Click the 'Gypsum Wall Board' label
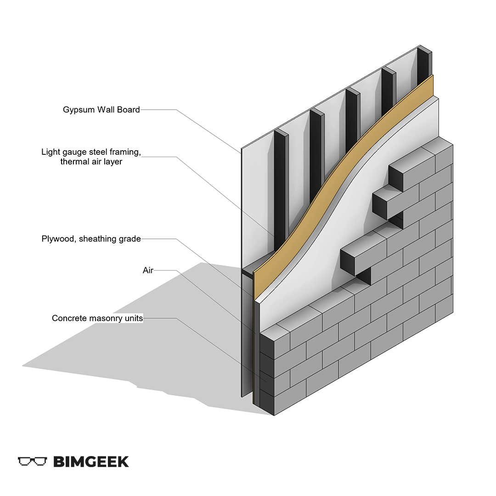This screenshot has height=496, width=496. click(101, 110)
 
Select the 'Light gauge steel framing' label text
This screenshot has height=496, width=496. click(90, 152)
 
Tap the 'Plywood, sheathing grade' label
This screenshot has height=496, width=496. click(91, 239)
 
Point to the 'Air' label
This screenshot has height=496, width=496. click(148, 271)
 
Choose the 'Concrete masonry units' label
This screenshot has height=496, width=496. click(97, 318)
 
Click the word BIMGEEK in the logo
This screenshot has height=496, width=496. click(91, 461)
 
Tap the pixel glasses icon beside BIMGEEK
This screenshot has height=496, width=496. click(32, 461)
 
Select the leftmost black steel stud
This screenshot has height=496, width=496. click(279, 184)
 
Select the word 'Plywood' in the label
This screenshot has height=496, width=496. click(57, 239)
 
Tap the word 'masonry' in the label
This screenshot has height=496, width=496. click(101, 318)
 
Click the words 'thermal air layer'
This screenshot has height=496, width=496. click(91, 162)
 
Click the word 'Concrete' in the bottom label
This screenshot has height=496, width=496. click(68, 318)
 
